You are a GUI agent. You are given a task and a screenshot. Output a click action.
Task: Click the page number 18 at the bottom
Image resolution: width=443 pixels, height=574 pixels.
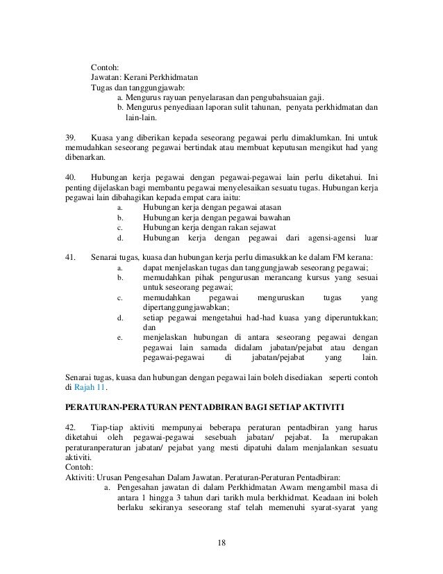coord(221,543)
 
